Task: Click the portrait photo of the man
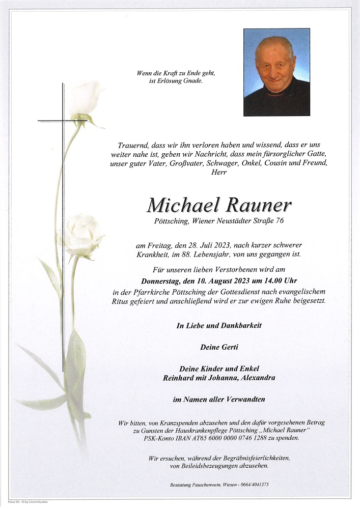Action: tap(276, 72)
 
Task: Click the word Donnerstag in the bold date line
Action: tap(163, 280)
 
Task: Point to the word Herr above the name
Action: tap(219, 173)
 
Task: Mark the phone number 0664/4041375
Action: tap(262, 485)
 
